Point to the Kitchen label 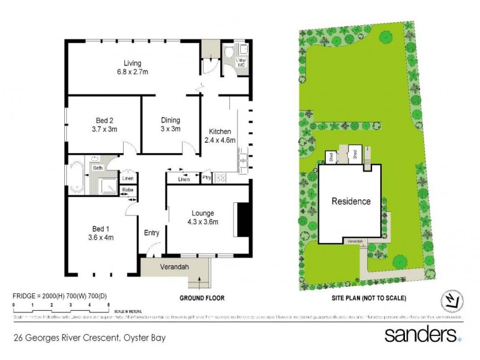point(220,131)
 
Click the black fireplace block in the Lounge point(243,221)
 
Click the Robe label point(128,191)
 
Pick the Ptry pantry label point(206,178)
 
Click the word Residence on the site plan point(351,202)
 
